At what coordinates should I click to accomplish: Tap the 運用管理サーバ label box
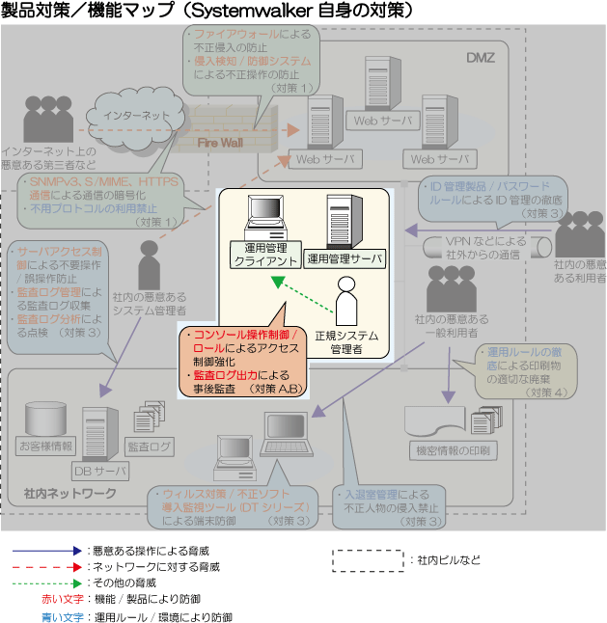pos(344,257)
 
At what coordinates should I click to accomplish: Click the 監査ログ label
pos(150,447)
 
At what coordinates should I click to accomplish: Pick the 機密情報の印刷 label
pos(453,449)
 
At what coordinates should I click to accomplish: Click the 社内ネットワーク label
pos(70,493)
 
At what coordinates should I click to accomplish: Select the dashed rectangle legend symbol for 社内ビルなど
pos(368,559)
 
